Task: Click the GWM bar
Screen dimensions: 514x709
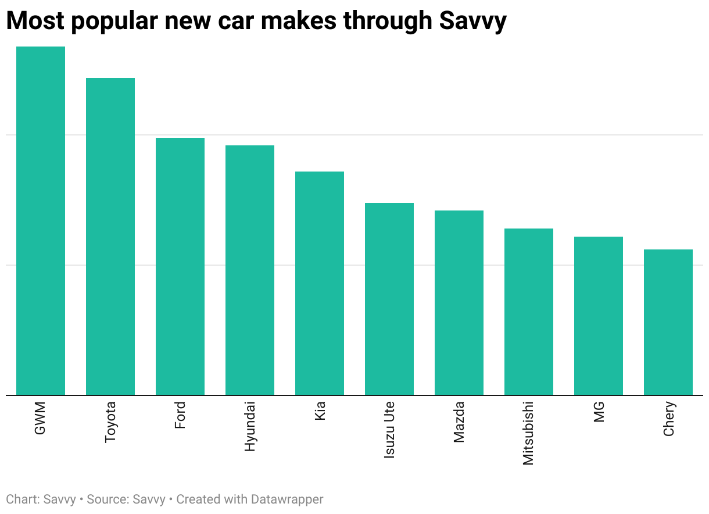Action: (41, 221)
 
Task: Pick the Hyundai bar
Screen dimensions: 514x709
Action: (250, 270)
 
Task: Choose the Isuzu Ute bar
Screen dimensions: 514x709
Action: (389, 299)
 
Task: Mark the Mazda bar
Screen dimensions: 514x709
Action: (459, 303)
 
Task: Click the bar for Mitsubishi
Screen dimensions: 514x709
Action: (529, 312)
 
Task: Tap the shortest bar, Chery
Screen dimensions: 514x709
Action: (668, 322)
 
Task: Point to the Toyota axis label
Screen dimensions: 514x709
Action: (110, 422)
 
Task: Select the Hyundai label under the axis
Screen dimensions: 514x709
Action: (250, 426)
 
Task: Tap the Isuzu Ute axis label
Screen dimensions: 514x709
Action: (389, 430)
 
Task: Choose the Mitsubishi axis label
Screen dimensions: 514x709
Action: (528, 433)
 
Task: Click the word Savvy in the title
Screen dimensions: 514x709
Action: (472, 21)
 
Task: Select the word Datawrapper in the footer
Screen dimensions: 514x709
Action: (287, 499)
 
